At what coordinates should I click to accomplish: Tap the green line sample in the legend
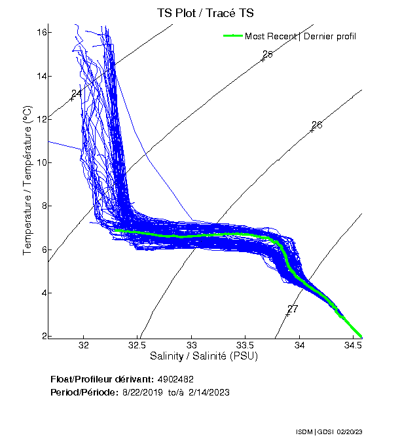coord(233,36)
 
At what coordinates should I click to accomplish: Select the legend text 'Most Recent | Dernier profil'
coord(300,36)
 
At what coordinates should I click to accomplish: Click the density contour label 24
coord(77,94)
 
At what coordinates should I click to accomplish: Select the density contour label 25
coord(267,54)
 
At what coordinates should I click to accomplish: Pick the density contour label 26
coord(317,125)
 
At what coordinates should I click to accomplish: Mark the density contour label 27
coord(293,309)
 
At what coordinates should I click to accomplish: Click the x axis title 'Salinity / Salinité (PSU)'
coord(204,357)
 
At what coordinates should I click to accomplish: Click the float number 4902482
coord(175,380)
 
